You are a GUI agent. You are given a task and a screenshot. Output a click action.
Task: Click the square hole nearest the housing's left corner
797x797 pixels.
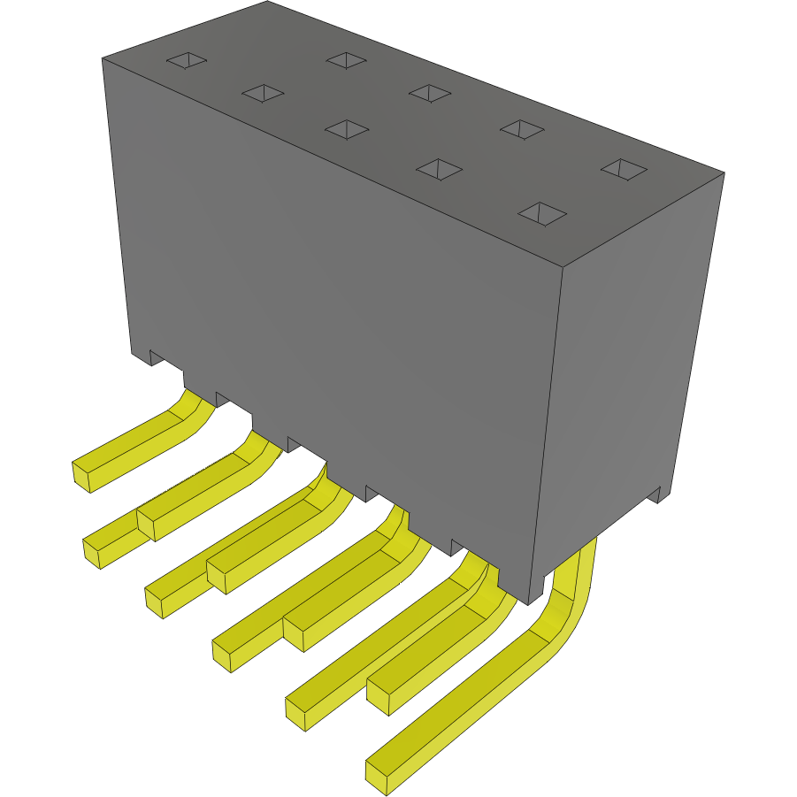pyautogui.click(x=187, y=60)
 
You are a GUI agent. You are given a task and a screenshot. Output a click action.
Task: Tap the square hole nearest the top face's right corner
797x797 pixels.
pyautogui.click(x=625, y=168)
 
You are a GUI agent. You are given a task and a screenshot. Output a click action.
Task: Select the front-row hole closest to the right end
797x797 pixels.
pyautogui.click(x=541, y=212)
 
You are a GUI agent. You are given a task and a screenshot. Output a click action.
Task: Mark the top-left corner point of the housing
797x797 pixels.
pyautogui.click(x=102, y=58)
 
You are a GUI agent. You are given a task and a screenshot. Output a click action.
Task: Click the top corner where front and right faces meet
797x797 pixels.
pyautogui.click(x=563, y=266)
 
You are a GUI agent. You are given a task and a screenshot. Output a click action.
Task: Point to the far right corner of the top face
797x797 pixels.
pyautogui.click(x=724, y=172)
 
